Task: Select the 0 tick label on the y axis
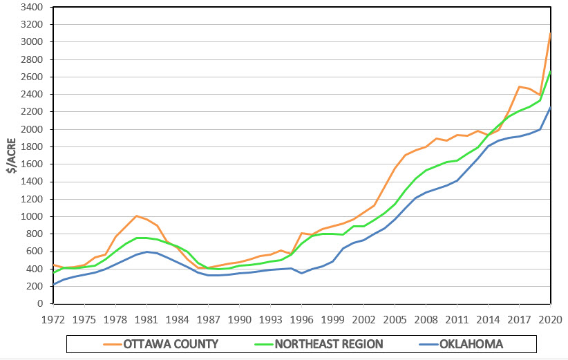coord(40,303)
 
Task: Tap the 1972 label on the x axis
coord(53,320)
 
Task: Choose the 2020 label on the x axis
coord(550,320)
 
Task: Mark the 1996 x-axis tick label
coord(301,320)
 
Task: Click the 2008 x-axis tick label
coord(426,320)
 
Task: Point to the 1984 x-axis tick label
coord(178,320)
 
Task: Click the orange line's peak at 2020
coord(550,33)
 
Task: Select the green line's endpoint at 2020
coord(550,70)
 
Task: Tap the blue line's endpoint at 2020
coord(550,108)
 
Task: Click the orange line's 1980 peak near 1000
coord(136,216)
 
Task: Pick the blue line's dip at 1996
coord(301,273)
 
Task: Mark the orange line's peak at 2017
coord(519,86)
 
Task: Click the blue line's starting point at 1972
coord(53,284)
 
